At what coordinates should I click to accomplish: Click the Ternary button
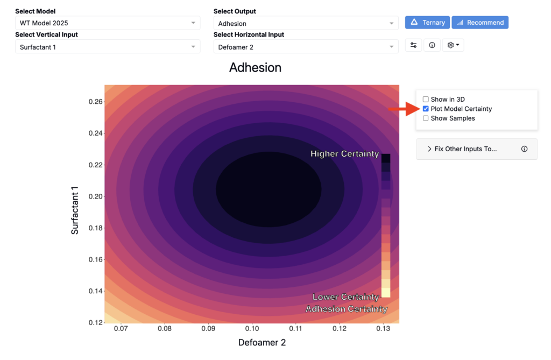coord(427,23)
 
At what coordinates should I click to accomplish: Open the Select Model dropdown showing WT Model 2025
coord(108,23)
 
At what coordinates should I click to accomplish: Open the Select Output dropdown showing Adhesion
coord(306,23)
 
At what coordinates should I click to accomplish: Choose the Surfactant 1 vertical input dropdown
coord(108,47)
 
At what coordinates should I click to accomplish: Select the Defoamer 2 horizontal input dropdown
coord(306,47)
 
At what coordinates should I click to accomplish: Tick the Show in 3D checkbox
coord(426,99)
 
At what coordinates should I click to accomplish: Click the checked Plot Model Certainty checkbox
coord(426,109)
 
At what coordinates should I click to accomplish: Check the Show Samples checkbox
coord(426,118)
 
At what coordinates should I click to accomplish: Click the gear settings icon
coord(450,45)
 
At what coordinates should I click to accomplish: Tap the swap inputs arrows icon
coord(414,45)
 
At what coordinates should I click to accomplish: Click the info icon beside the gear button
coord(432,45)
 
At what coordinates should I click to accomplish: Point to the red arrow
coord(404,109)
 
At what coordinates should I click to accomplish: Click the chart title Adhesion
coord(255,67)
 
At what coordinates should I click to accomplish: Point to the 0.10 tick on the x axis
coord(252,328)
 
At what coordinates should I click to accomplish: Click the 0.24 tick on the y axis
coord(96,133)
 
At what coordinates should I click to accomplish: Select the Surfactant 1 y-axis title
coord(74,210)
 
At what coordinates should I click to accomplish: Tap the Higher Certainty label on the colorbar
coord(345,154)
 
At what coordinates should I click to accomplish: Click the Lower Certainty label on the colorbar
coord(346,297)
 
